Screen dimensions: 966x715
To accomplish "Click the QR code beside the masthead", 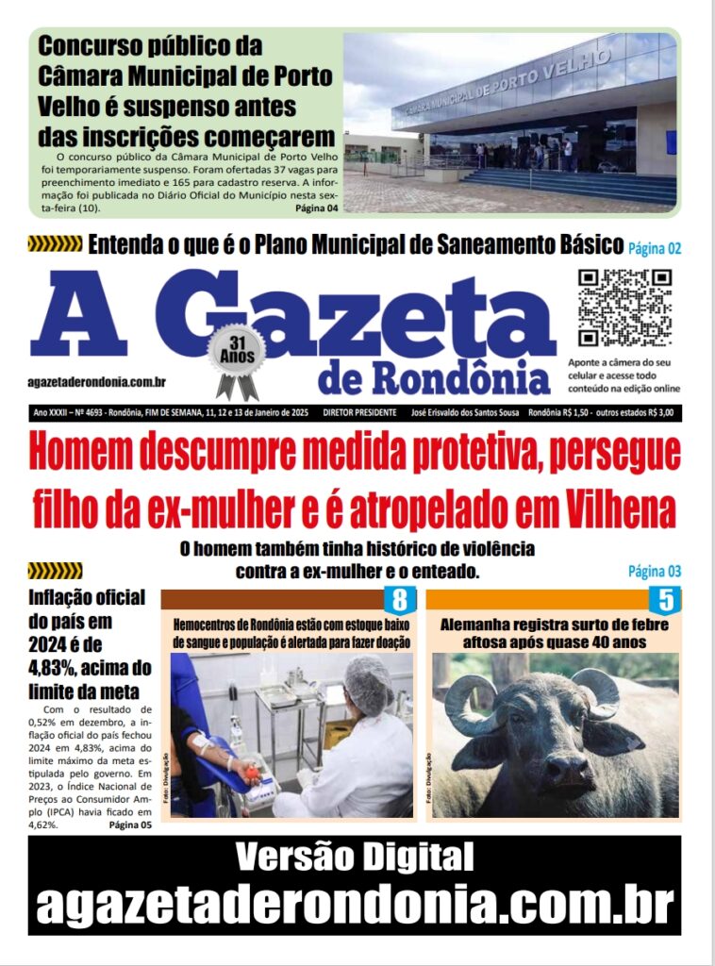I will (624, 308).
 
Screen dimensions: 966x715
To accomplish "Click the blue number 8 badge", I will (399, 599).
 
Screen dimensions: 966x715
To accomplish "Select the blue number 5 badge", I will (665, 599).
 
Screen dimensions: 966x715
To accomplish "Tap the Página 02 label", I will (654, 249).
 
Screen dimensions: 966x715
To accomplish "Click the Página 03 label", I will (654, 571).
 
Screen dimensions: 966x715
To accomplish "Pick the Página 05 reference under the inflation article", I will (130, 824).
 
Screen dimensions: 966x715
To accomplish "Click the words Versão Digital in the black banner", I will (355, 858).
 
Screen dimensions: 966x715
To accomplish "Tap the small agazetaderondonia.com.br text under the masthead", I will (97, 381).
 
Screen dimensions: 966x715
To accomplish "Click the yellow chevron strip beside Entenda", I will (55, 245).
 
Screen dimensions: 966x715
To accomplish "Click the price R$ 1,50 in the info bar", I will (573, 413).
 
